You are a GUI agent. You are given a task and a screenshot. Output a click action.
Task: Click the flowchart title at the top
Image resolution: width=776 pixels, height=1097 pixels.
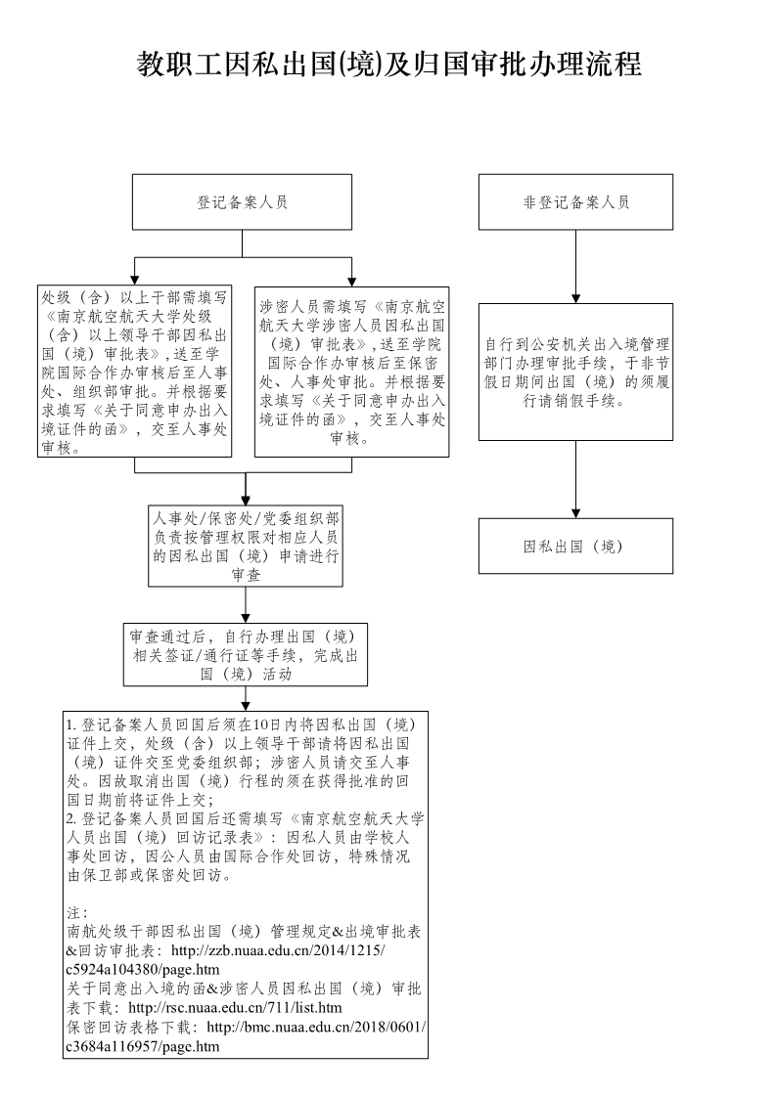388,66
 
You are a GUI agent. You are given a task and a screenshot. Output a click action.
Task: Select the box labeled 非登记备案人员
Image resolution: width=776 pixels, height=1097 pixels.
575,202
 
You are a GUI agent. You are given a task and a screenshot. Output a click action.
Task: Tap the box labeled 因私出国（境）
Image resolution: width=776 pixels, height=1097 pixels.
574,547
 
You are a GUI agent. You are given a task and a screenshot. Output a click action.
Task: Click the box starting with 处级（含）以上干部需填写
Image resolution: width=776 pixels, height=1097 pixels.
135,372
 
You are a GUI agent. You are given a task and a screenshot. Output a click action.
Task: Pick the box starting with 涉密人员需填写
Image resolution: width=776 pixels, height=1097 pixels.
351,372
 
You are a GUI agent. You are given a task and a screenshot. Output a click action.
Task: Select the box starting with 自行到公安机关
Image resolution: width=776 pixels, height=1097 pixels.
575,372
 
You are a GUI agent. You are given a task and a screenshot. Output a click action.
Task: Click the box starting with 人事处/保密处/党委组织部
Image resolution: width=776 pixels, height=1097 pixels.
246,546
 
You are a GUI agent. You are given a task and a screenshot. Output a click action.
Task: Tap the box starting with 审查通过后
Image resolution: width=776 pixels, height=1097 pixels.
243,651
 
